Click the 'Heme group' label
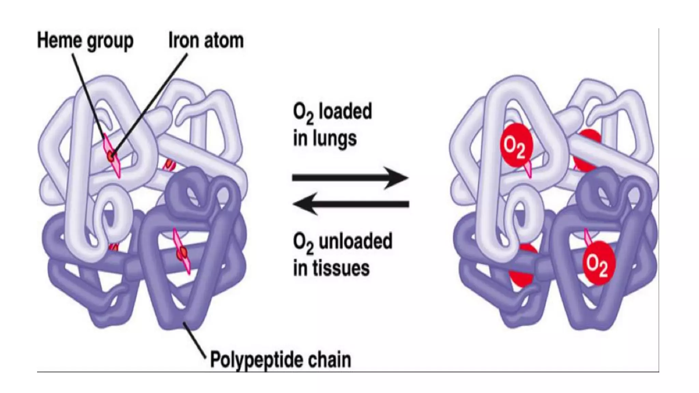(85, 41)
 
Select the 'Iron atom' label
(206, 41)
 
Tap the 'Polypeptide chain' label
(280, 360)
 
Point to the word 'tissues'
(344, 268)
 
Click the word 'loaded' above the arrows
(345, 112)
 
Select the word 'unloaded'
(355, 241)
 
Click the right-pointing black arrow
(350, 178)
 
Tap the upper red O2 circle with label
(516, 145)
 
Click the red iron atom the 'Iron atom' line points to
(111, 157)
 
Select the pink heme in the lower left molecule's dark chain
(181, 252)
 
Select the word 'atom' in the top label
(224, 41)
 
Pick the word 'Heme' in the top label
(58, 41)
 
